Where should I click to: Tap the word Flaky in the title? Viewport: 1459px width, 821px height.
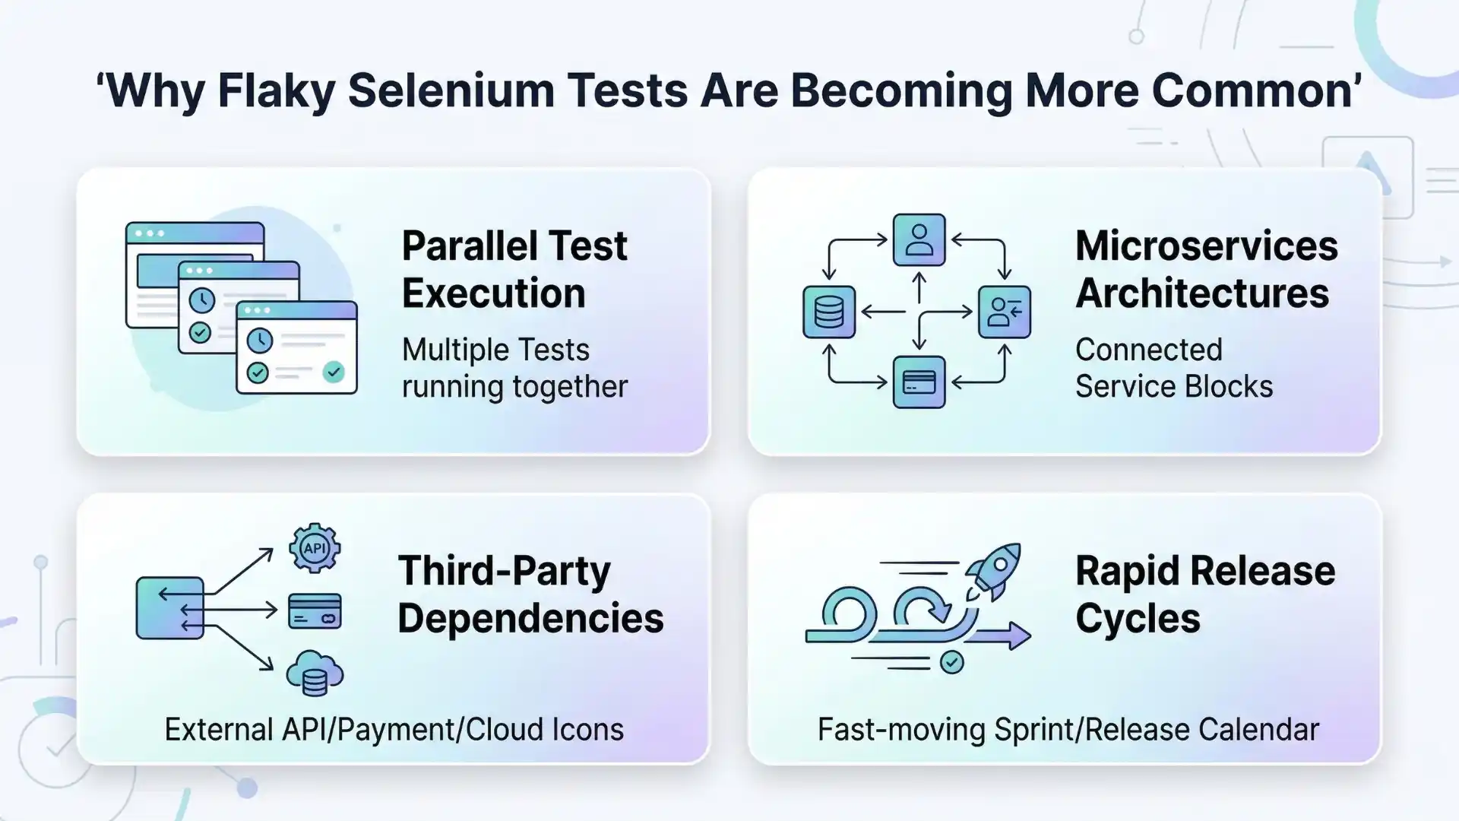(x=276, y=90)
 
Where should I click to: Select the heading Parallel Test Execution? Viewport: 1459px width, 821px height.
(x=514, y=269)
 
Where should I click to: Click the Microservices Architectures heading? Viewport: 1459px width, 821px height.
(x=1206, y=269)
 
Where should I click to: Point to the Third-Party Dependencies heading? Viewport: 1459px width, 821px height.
(x=530, y=594)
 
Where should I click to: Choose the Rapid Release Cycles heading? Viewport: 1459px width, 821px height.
(x=1204, y=594)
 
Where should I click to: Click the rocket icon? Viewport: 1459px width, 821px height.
(x=992, y=571)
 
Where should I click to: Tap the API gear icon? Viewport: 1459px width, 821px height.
(x=315, y=547)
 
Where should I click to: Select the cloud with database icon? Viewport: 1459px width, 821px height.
(x=315, y=673)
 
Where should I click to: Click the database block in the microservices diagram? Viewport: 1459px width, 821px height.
(x=828, y=312)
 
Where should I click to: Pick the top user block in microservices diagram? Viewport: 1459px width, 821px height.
(x=919, y=239)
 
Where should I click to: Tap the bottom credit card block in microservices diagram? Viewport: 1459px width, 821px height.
(x=919, y=382)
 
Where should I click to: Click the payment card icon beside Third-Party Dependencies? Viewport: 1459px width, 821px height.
(x=315, y=611)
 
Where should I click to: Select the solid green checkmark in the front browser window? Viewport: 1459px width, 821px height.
(x=334, y=372)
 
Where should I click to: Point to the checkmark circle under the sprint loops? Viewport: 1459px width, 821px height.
(x=951, y=662)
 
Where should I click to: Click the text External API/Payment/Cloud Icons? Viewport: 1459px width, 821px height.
(x=394, y=730)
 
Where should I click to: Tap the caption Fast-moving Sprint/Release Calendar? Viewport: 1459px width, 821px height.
(x=1068, y=730)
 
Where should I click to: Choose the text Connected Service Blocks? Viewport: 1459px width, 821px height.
(x=1173, y=368)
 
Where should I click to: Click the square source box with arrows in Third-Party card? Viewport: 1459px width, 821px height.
(x=169, y=607)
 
